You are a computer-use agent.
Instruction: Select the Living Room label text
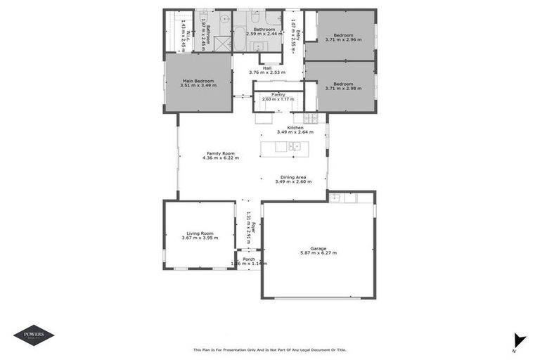[200, 233]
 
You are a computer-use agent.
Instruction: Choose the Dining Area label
[293, 177]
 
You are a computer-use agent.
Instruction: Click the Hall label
[267, 67]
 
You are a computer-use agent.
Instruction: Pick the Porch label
[249, 259]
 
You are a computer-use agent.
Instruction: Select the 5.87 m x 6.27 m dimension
[318, 252]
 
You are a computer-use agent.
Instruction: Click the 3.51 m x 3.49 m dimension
[198, 85]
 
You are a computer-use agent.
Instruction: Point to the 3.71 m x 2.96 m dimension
[343, 39]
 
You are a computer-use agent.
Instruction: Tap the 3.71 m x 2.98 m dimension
[343, 89]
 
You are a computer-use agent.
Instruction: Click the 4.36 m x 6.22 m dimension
[220, 158]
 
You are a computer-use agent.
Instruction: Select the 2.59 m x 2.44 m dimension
[264, 34]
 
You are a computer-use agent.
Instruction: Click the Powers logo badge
[34, 335]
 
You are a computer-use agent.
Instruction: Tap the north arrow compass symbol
[518, 340]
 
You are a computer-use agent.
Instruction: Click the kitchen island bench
[284, 147]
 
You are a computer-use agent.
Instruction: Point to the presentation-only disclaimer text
[269, 349]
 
